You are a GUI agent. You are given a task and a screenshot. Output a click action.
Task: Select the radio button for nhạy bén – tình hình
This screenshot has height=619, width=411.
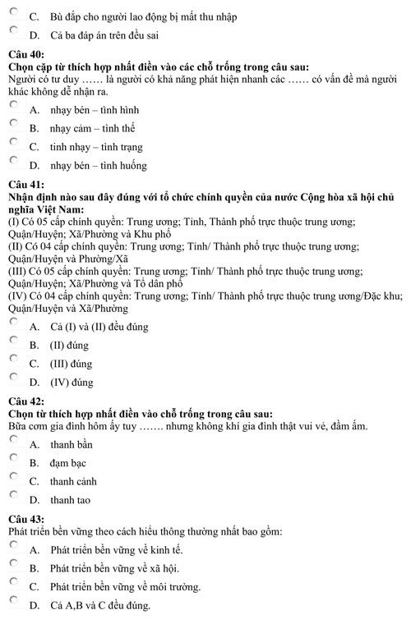14,107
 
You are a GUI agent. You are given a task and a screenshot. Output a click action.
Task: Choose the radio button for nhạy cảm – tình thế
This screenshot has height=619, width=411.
14,125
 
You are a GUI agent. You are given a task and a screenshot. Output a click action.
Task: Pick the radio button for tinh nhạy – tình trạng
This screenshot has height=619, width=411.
14,144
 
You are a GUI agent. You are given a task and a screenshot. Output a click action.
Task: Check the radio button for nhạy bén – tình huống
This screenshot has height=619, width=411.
14,163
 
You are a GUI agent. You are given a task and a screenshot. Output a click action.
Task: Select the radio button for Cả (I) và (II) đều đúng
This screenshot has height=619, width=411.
14,323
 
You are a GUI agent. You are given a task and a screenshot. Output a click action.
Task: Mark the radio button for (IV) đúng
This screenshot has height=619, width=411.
14,378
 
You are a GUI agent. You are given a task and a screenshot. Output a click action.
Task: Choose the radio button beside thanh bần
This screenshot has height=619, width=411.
14,441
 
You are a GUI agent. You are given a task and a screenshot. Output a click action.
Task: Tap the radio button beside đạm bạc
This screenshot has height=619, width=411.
14,459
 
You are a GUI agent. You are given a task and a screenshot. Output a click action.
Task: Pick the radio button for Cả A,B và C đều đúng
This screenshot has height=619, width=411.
14,603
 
